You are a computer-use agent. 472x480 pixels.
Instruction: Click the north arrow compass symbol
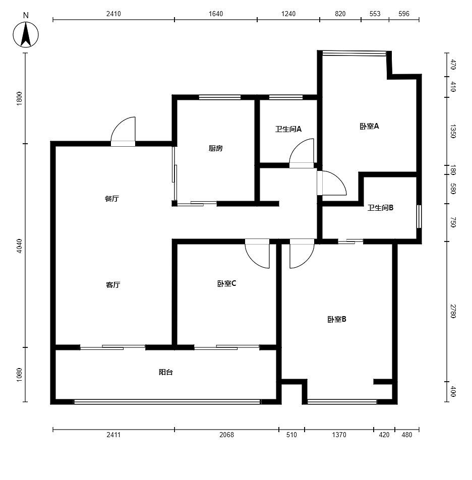click(x=26, y=34)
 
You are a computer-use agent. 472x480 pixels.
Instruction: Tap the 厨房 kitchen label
click(x=215, y=148)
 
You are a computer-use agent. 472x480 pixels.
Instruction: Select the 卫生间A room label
click(x=288, y=129)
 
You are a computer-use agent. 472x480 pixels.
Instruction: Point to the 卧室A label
click(x=369, y=126)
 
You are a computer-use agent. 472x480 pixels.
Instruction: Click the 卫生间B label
click(x=380, y=208)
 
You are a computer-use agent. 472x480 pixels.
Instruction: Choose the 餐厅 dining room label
click(x=112, y=199)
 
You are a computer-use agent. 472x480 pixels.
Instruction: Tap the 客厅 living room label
click(x=113, y=285)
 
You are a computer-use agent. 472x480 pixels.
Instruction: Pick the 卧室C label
click(x=226, y=284)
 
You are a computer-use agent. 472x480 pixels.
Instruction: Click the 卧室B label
click(x=337, y=319)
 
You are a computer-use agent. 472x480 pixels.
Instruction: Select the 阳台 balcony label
click(x=165, y=372)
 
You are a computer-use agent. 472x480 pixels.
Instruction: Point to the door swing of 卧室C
click(x=257, y=254)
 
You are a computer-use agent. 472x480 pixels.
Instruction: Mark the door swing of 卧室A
click(x=332, y=183)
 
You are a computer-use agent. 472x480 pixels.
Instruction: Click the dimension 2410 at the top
click(x=113, y=14)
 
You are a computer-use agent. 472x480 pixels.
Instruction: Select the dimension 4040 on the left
click(x=19, y=246)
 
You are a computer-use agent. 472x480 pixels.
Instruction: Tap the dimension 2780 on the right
click(x=453, y=311)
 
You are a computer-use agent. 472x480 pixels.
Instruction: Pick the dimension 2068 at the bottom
click(x=226, y=435)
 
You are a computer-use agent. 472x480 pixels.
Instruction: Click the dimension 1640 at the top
click(x=216, y=14)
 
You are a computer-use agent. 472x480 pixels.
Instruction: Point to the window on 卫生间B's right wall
click(x=419, y=216)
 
